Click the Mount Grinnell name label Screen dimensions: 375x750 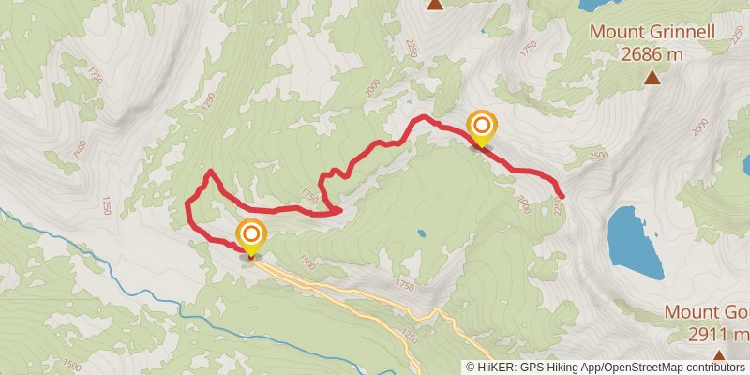(x=652, y=33)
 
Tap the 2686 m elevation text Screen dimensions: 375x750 (x=652, y=54)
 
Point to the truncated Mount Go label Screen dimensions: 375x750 (x=707, y=311)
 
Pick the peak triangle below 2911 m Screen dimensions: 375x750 (x=719, y=356)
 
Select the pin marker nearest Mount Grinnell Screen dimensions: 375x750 (x=481, y=128)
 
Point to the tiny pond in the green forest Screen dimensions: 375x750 (x=421, y=233)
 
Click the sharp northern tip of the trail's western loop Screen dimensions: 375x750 (x=210, y=172)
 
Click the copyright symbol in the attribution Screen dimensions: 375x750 (x=470, y=367)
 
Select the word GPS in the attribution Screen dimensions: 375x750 (x=532, y=367)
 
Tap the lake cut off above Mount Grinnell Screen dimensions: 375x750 (x=600, y=4)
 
